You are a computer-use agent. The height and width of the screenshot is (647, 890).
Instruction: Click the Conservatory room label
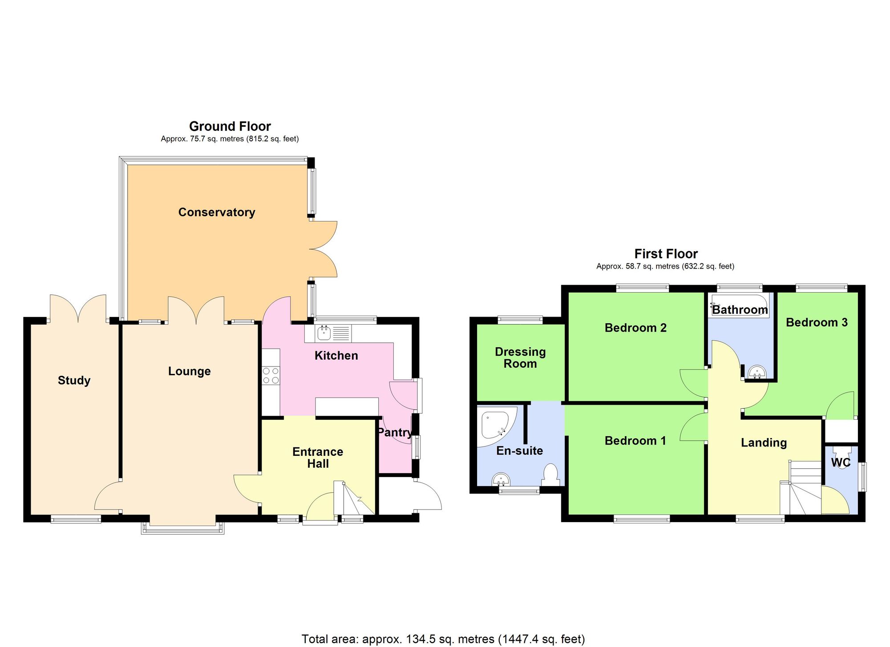pyautogui.click(x=217, y=212)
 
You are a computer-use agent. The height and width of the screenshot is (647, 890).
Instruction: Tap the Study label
pyautogui.click(x=74, y=380)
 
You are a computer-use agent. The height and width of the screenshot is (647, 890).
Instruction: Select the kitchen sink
pyautogui.click(x=324, y=332)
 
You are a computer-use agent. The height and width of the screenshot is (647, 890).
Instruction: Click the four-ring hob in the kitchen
pyautogui.click(x=271, y=375)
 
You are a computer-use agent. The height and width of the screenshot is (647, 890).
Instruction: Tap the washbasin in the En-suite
pyautogui.click(x=501, y=479)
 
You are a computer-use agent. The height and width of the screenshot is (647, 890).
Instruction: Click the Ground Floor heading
pyautogui.click(x=230, y=126)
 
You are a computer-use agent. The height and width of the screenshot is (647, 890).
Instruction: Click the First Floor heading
pyautogui.click(x=666, y=253)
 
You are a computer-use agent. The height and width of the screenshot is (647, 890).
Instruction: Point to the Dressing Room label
pyautogui.click(x=520, y=358)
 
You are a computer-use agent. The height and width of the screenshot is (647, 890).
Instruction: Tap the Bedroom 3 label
pyautogui.click(x=817, y=322)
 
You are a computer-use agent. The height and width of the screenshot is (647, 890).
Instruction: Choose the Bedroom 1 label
pyautogui.click(x=635, y=441)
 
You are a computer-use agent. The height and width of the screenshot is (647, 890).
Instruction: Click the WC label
pyautogui.click(x=841, y=462)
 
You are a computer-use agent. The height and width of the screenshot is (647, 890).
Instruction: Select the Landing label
pyautogui.click(x=764, y=442)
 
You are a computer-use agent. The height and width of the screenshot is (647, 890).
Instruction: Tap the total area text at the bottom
pyautogui.click(x=443, y=639)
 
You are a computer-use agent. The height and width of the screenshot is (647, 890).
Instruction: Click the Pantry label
pyautogui.click(x=394, y=432)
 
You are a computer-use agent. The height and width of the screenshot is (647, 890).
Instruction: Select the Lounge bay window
pyautogui.click(x=182, y=527)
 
